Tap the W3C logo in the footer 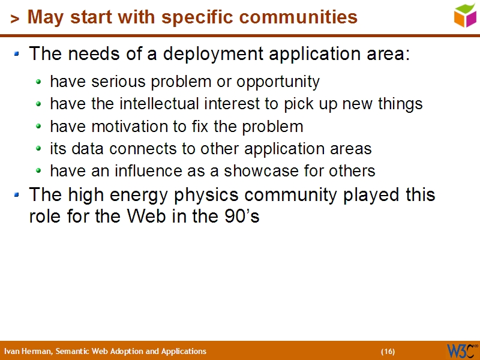coord(461,350)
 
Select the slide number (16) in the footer coord(388,352)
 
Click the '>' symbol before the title coord(15,19)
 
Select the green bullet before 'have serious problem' coord(39,82)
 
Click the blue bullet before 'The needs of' coord(17,54)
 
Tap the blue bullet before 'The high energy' coord(17,195)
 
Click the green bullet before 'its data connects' coord(39,149)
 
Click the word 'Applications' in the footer coord(184,352)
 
